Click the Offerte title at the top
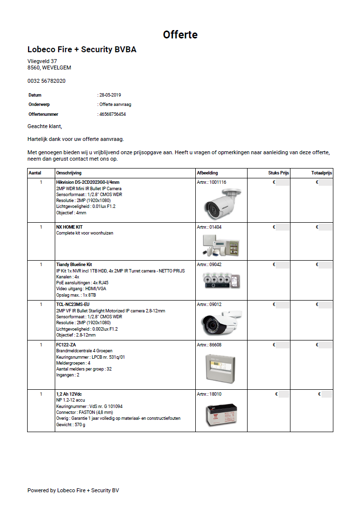point(180,34)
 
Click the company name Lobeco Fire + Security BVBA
point(82,50)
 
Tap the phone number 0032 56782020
point(46,81)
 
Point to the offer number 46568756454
point(113,114)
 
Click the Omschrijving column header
point(69,173)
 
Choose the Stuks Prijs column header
point(278,173)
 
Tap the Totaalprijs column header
point(322,173)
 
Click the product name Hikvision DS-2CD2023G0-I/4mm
point(84,182)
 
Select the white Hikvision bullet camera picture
point(221,203)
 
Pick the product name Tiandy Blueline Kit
point(74,265)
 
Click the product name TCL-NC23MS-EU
point(73,305)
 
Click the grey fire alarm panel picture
point(221,367)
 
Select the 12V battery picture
point(221,413)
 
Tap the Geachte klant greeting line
point(45,127)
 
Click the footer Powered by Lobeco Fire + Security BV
point(73,490)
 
